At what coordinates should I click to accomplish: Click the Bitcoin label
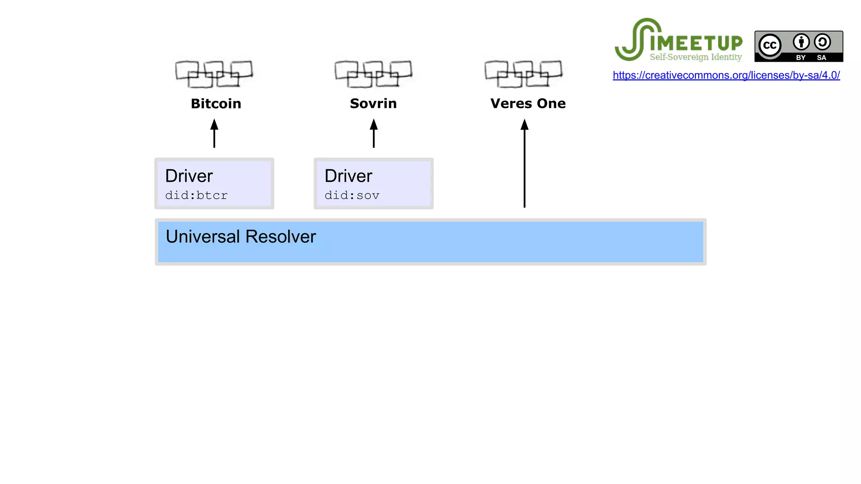pyautogui.click(x=216, y=104)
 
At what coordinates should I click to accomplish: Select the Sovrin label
pyautogui.click(x=373, y=103)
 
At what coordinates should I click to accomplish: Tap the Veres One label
pyautogui.click(x=528, y=103)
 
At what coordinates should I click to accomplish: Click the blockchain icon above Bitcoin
pyautogui.click(x=214, y=74)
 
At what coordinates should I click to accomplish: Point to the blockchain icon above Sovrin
pyautogui.click(x=373, y=74)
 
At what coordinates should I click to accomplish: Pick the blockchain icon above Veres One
pyautogui.click(x=523, y=74)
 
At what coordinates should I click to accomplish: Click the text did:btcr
pyautogui.click(x=196, y=195)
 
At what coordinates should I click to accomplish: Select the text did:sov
pyautogui.click(x=352, y=195)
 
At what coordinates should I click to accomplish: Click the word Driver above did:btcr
pyautogui.click(x=189, y=176)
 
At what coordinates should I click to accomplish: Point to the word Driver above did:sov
pyautogui.click(x=348, y=176)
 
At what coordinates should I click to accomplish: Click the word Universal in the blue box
pyautogui.click(x=203, y=237)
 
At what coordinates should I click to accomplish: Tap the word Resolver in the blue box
pyautogui.click(x=280, y=237)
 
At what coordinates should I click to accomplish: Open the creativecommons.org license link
pyautogui.click(x=726, y=75)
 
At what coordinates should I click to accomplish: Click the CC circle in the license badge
pyautogui.click(x=770, y=45)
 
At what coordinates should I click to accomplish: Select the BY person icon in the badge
pyautogui.click(x=801, y=42)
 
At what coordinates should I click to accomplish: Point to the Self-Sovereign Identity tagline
pyautogui.click(x=695, y=57)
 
